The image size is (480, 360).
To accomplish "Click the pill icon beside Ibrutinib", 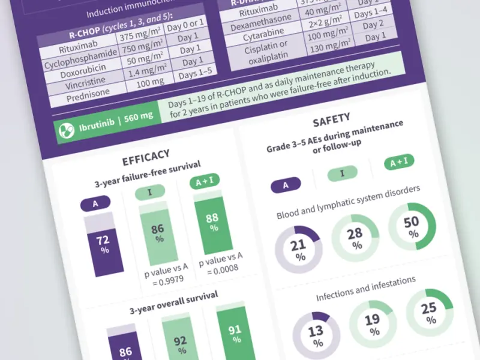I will (64, 128).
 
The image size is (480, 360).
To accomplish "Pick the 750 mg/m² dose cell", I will (146, 50).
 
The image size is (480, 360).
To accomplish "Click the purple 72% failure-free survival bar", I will (98, 246).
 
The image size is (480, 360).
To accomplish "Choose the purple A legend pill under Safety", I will (286, 185).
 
